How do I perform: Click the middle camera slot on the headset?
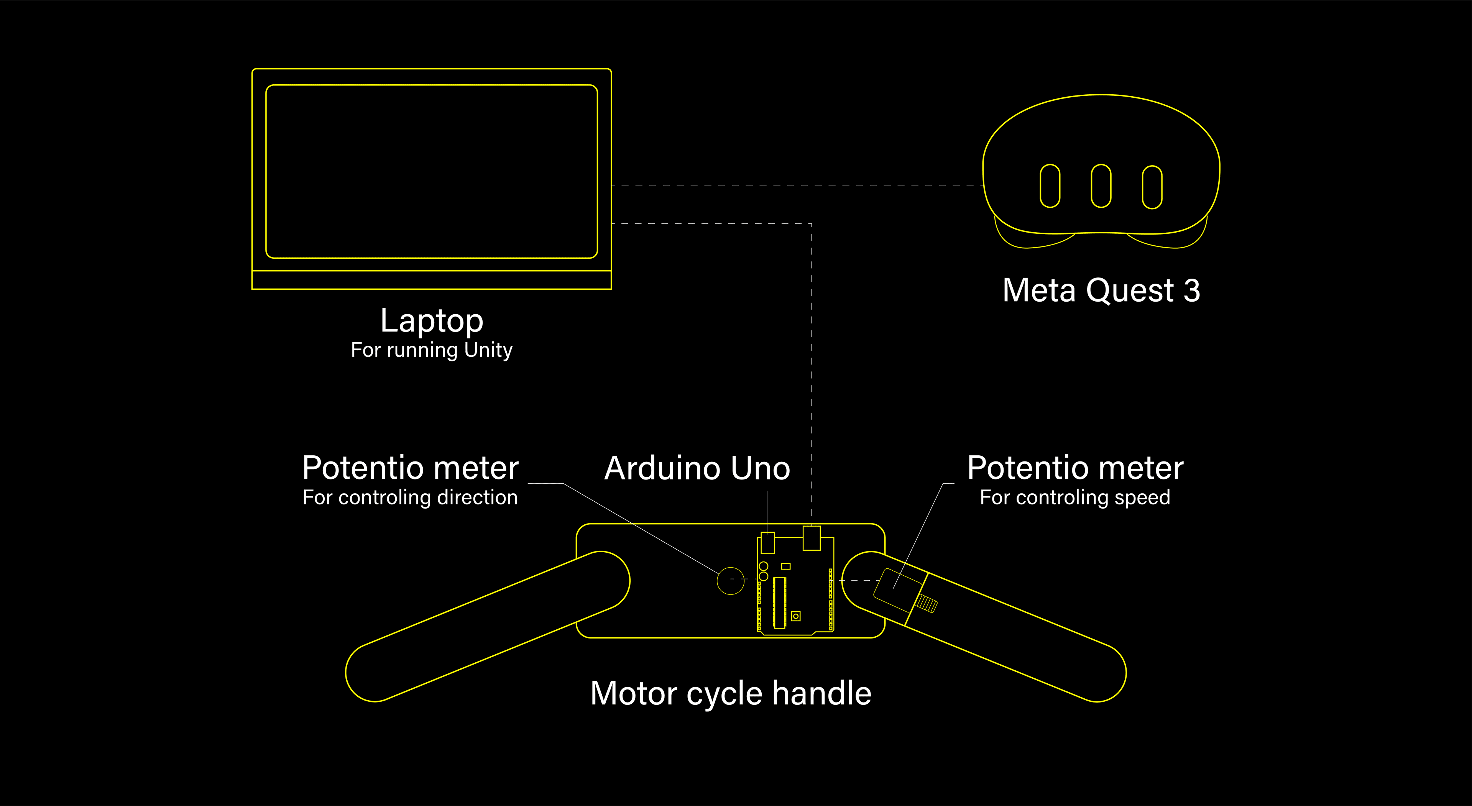[1101, 185]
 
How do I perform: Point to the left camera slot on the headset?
[1050, 185]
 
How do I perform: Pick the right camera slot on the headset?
[1152, 187]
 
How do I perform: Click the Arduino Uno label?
[697, 468]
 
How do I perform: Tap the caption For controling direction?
[410, 497]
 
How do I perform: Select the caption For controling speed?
[1075, 497]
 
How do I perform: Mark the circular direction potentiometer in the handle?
[730, 581]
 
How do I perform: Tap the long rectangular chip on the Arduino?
[779, 602]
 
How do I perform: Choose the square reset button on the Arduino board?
[795, 616]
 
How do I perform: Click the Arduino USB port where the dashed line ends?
[812, 538]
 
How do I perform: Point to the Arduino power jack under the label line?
[767, 543]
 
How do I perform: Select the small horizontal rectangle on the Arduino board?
[786, 566]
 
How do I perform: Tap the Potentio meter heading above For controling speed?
[1075, 468]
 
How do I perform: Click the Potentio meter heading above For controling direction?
[410, 468]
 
